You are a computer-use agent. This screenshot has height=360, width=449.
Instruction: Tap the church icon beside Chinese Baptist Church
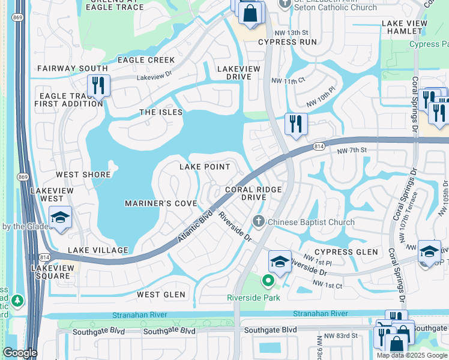(x=259, y=222)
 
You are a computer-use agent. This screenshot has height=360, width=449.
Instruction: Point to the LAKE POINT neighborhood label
(x=205, y=166)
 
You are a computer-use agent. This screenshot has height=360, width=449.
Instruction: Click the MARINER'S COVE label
(x=161, y=204)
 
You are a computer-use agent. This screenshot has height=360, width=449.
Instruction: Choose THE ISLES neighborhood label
(x=161, y=112)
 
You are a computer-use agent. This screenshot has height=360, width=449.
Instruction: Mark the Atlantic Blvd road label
(x=196, y=226)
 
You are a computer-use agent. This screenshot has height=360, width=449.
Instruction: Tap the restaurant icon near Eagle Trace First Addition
(x=98, y=86)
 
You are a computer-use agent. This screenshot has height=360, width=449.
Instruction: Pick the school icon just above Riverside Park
(x=280, y=261)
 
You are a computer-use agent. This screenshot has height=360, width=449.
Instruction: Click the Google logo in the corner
(x=19, y=353)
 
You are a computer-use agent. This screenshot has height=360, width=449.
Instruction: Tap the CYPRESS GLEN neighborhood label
(x=346, y=252)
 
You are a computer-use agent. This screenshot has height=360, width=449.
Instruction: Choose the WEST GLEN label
(x=161, y=295)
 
